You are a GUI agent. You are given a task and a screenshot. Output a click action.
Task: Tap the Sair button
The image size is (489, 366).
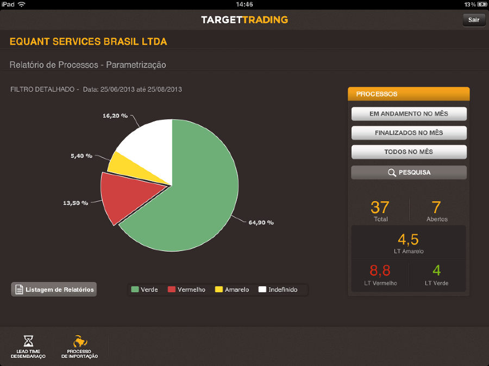[x=474, y=20]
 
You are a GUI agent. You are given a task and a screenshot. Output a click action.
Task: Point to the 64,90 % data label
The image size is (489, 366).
[x=261, y=222]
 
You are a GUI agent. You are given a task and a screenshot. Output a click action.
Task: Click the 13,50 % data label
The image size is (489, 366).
[x=76, y=203]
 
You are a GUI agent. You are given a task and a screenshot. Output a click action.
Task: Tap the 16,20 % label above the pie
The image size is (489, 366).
[x=115, y=116]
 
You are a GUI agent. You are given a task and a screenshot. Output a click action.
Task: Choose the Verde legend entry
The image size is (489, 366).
[x=145, y=290]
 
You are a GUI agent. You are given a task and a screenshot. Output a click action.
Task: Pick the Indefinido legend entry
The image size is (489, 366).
[x=278, y=290]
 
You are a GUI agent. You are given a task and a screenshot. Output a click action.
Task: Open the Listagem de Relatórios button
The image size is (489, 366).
[x=54, y=290]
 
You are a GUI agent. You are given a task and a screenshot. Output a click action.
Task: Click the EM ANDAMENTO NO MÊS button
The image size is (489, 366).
[x=409, y=114]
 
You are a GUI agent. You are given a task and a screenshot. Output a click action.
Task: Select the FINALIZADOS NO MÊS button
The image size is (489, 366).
[x=409, y=133]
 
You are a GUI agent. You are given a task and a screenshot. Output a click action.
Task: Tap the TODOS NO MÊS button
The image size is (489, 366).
[x=409, y=152]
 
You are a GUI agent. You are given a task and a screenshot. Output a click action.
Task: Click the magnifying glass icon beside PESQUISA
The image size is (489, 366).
[x=392, y=172]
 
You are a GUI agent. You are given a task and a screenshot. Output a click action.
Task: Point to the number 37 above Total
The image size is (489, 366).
[x=380, y=207]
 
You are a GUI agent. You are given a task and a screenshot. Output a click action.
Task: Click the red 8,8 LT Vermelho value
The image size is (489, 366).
[x=380, y=271]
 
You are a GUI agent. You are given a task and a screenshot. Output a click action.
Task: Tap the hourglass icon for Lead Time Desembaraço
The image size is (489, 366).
[x=28, y=341]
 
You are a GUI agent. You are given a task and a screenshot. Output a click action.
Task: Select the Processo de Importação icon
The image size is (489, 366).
[x=80, y=341]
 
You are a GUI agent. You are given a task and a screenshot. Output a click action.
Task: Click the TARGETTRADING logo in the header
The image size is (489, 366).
[x=244, y=20]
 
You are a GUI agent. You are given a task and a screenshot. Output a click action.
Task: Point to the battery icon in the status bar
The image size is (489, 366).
[x=482, y=4]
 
